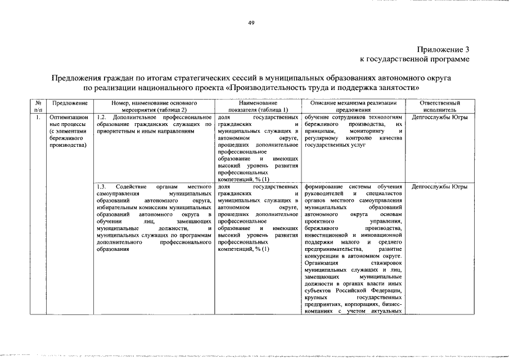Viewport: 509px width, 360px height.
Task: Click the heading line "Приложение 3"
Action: pyautogui.click(x=443, y=49)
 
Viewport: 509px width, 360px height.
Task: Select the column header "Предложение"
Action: pyautogui.click(x=69, y=103)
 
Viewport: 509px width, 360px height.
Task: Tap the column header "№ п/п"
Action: pyautogui.click(x=38, y=107)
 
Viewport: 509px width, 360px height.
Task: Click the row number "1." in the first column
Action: pyautogui.click(x=37, y=118)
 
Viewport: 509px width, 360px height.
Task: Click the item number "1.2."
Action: pyautogui.click(x=101, y=118)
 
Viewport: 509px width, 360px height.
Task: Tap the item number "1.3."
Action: pyautogui.click(x=101, y=186)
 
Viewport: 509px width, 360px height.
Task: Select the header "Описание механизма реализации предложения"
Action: pyautogui.click(x=353, y=107)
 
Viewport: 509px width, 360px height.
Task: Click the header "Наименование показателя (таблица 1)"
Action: pyautogui.click(x=258, y=107)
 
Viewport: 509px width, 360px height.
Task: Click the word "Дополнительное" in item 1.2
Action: pyautogui.click(x=138, y=118)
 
